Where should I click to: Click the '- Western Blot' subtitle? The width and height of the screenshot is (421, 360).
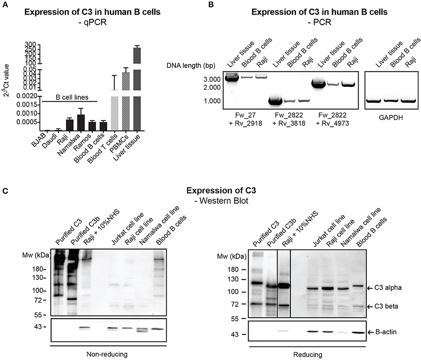pos(210,201)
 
